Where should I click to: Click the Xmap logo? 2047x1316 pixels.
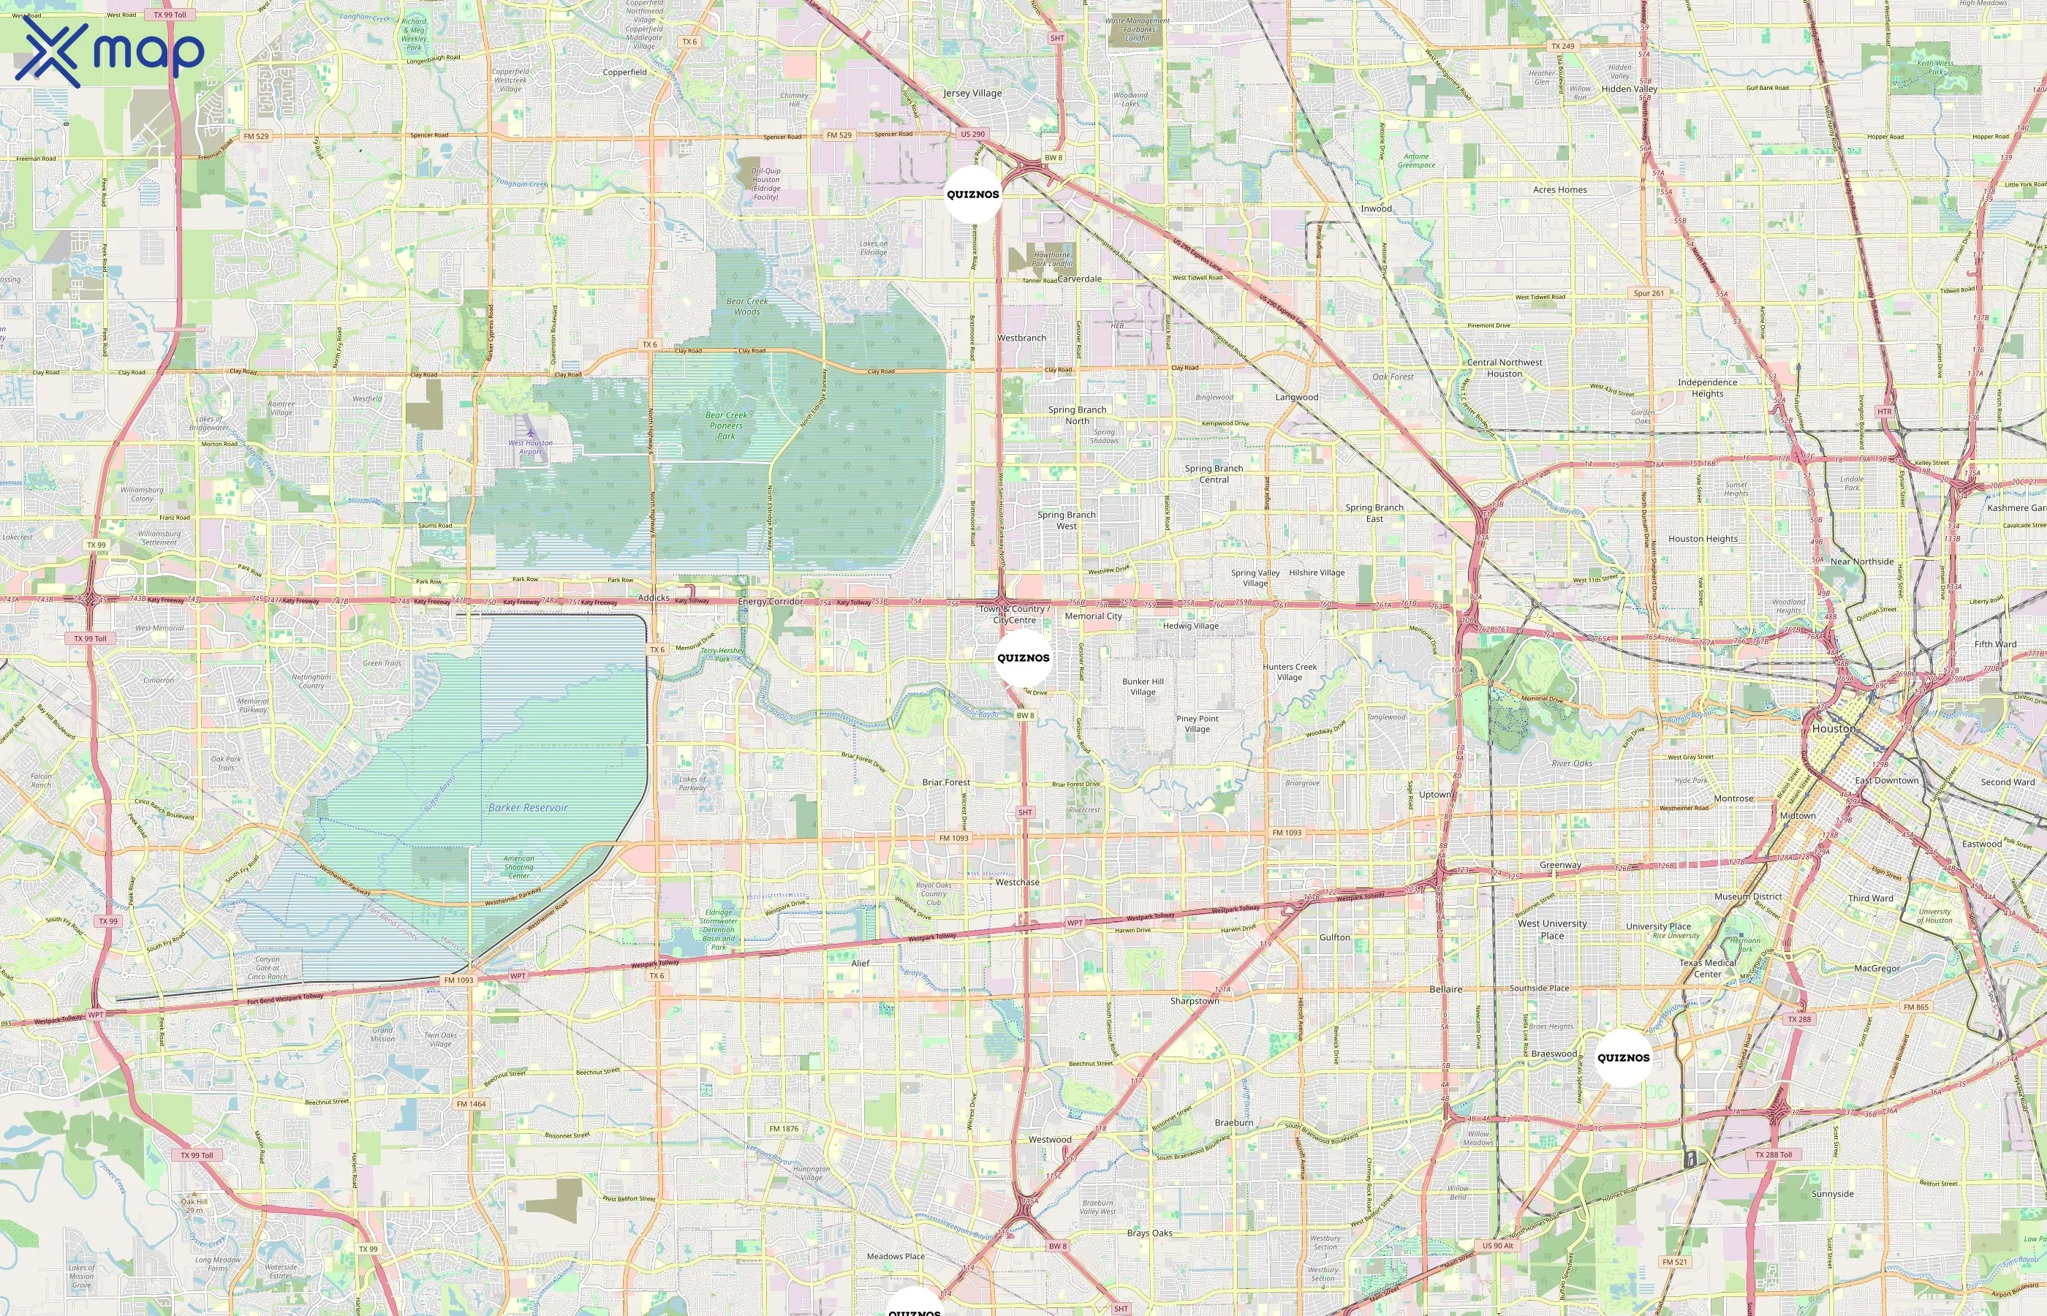(x=110, y=52)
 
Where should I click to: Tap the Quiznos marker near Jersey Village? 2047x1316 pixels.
(x=972, y=194)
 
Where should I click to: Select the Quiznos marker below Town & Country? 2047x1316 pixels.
(x=1023, y=658)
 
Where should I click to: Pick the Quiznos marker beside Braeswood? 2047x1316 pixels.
(x=1623, y=1058)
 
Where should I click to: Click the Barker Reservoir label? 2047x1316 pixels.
(x=528, y=808)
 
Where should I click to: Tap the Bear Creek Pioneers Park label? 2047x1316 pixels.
(x=726, y=426)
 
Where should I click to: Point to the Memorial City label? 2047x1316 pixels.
(x=1093, y=616)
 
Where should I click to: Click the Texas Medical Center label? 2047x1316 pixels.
(x=1707, y=968)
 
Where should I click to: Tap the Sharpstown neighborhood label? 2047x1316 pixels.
(x=1195, y=1001)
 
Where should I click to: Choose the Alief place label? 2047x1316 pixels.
(x=860, y=963)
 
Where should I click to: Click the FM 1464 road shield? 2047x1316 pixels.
(x=471, y=1103)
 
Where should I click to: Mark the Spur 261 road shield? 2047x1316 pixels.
(x=1648, y=293)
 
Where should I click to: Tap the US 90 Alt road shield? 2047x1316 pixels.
(x=1498, y=1246)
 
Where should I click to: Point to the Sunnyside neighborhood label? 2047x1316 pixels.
(x=1833, y=1194)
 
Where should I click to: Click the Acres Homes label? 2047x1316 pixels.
(x=1559, y=189)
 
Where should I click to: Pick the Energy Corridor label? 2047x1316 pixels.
(x=771, y=602)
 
